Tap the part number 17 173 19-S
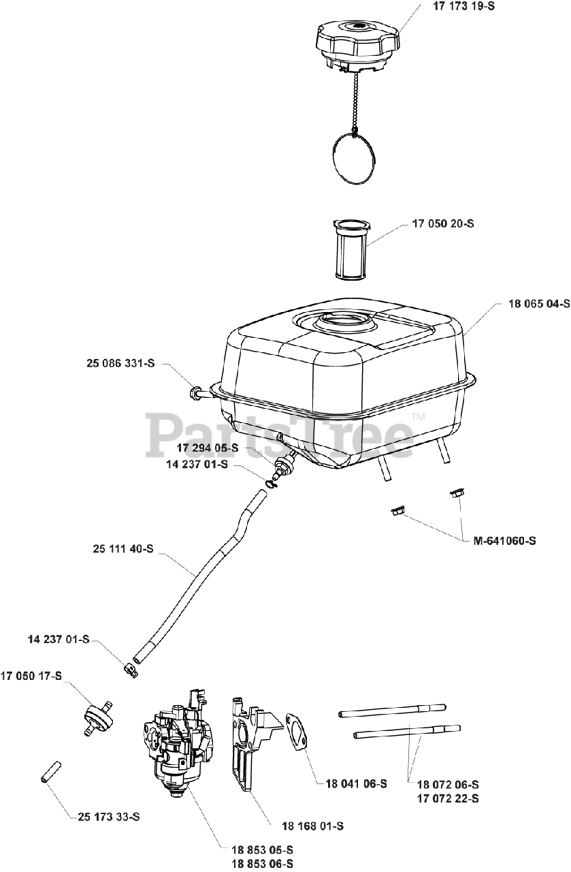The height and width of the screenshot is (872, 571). point(464,10)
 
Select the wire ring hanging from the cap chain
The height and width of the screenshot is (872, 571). point(352,157)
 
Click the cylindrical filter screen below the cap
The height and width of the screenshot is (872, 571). point(352,249)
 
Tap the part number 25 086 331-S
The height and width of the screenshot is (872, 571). point(120,364)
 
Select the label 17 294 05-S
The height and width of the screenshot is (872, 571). point(208,448)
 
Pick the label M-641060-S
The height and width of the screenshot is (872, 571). point(504,541)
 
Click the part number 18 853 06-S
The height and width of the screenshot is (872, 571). point(263,864)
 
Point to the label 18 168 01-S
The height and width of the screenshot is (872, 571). point(312,826)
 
